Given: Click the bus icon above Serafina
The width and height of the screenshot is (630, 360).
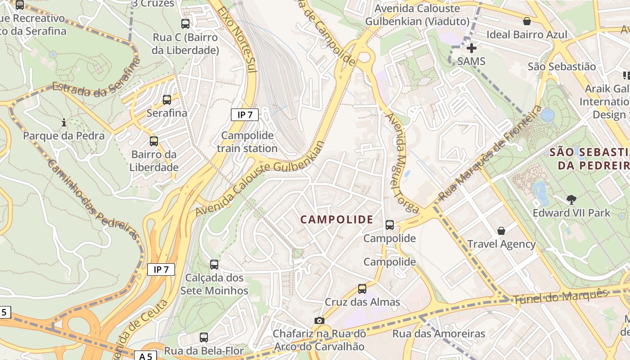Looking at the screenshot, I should [167, 100].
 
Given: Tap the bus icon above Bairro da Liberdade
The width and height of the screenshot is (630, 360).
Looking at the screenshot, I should [154, 141].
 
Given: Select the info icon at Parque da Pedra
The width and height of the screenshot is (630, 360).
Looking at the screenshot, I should [64, 122].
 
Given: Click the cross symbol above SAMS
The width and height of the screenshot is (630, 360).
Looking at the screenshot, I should [472, 48].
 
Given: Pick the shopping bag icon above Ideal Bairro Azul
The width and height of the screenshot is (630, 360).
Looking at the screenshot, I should [527, 21].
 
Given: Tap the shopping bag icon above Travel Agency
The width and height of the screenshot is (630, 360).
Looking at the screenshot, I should [501, 231].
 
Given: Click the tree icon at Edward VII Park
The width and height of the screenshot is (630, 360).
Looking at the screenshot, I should [571, 199].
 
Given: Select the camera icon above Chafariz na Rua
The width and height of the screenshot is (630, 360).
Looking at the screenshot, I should [319, 320].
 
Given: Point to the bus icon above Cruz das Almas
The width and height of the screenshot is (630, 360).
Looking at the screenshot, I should [362, 289].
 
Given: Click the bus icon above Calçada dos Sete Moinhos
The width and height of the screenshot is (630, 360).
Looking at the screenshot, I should [214, 265].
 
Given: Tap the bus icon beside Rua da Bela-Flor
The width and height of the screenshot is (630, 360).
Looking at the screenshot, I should [204, 337].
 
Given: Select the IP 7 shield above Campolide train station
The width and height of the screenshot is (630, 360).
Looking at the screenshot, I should [245, 115].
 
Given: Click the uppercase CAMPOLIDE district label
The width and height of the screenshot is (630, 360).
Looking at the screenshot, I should [337, 220].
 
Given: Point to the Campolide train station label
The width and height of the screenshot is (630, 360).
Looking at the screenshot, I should [247, 142].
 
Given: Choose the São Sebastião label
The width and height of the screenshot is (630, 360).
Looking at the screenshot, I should [562, 67].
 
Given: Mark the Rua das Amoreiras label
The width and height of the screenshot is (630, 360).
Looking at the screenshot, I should [439, 333].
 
